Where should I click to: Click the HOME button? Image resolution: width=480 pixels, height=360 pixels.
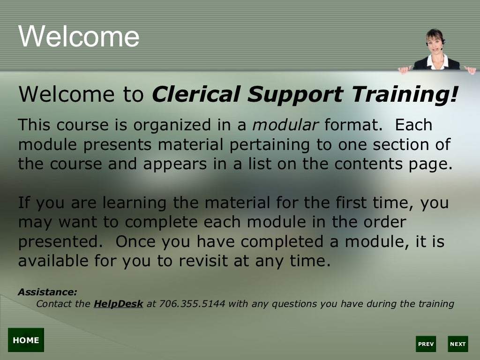click(x=26, y=340)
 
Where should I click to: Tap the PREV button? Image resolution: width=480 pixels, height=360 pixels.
click(x=426, y=344)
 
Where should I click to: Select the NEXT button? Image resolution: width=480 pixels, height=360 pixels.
click(x=457, y=344)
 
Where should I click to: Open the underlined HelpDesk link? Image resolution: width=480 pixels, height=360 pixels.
click(x=118, y=304)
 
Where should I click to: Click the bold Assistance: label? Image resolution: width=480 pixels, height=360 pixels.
click(x=47, y=292)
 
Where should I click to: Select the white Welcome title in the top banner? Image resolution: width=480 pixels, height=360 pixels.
click(x=79, y=36)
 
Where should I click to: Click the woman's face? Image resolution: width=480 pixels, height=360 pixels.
click(x=435, y=40)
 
